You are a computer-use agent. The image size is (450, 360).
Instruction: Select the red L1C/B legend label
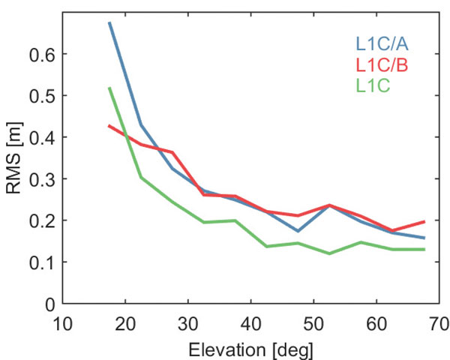382,66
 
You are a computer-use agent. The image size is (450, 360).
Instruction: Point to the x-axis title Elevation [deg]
251,349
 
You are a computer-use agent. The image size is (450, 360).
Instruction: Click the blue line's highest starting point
109,22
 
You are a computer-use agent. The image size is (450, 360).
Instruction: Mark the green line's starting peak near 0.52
109,88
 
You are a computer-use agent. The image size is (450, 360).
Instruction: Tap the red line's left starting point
109,126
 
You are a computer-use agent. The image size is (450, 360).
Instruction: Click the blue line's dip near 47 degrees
298,231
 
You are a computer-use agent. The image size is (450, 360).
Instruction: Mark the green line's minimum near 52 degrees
329,253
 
